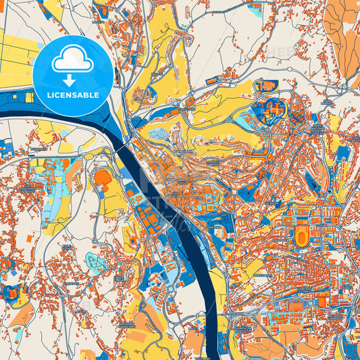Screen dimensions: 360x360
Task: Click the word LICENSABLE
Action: (x=73, y=95)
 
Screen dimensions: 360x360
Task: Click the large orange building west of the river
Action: (x=103, y=179)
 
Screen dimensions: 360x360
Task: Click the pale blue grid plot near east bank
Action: (x=160, y=134)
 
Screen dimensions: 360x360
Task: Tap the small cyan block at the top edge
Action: (x=255, y=9)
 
